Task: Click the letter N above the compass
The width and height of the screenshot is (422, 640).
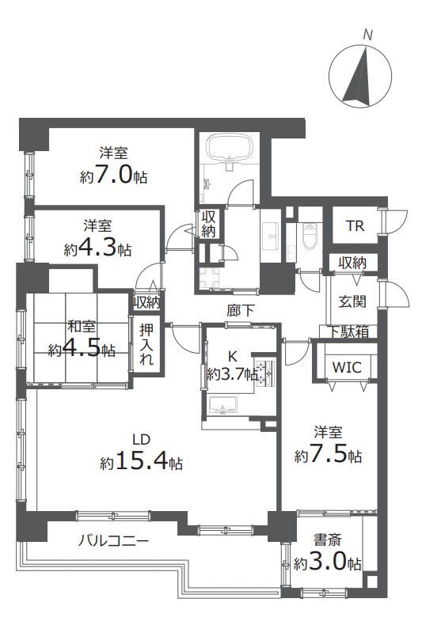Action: coord(367,36)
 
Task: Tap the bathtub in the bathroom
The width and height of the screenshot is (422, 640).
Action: coord(229,146)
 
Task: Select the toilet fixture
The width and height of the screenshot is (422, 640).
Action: coord(310,236)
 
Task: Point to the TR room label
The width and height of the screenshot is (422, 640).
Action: coord(355,225)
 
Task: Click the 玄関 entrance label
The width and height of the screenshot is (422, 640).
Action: coord(352,301)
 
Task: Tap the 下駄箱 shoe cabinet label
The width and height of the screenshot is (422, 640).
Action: coord(349,331)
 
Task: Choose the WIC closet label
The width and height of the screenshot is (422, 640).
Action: coord(347,367)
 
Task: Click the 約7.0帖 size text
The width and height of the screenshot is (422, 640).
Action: coord(113,176)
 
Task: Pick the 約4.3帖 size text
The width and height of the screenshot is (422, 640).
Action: coord(97,248)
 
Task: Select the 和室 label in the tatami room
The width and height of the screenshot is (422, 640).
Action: coord(82,327)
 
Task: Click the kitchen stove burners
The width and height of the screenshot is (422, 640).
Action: coord(265,373)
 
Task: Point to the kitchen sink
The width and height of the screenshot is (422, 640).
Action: coord(222,405)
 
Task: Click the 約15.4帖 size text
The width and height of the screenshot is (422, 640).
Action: coord(142,462)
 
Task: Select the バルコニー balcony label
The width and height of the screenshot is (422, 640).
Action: coord(113,542)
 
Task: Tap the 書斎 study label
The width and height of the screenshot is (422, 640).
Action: coord(327,540)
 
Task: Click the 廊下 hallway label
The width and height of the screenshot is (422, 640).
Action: coord(240,311)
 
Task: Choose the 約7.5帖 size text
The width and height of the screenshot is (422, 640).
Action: coord(328,455)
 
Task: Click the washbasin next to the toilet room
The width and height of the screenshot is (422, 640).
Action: coord(271,237)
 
